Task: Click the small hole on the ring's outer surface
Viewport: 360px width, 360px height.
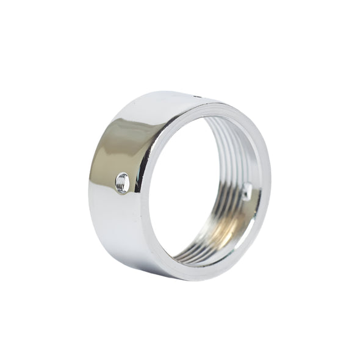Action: (x=122, y=182)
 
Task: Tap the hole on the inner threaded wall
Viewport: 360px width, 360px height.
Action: (x=247, y=192)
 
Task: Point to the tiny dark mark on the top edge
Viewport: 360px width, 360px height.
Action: (x=197, y=96)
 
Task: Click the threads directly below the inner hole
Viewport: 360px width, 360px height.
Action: (x=244, y=211)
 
